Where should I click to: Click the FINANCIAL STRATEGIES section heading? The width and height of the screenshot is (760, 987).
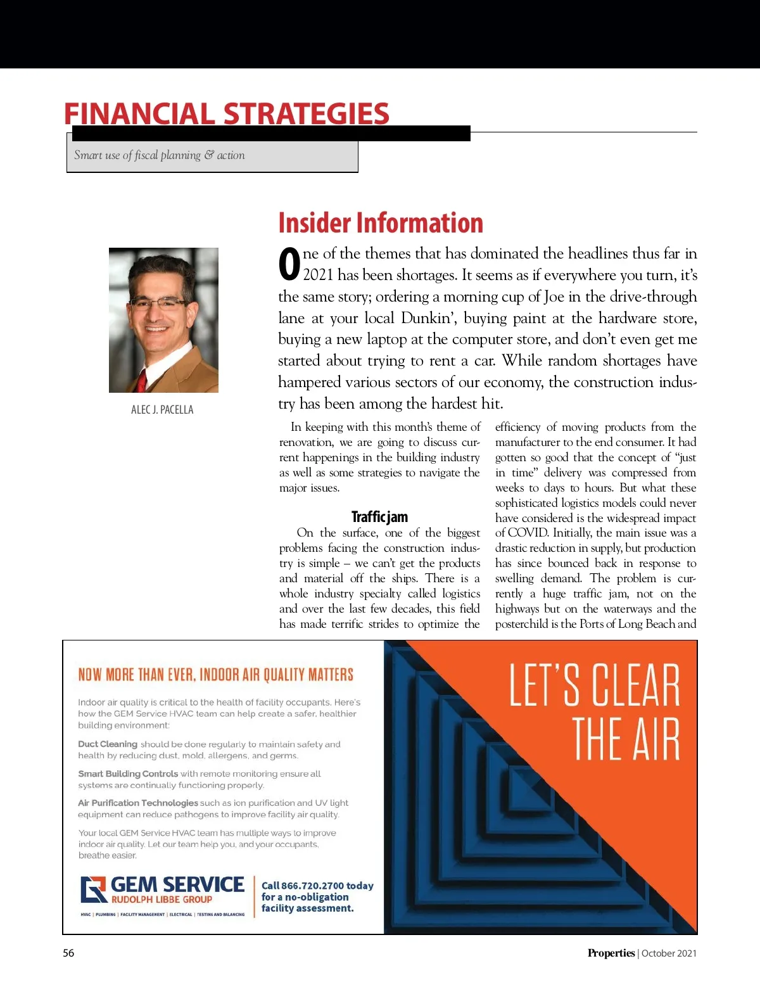tap(226, 114)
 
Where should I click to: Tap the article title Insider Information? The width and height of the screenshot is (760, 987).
tap(381, 223)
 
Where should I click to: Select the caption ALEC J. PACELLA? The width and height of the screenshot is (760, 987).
tap(162, 410)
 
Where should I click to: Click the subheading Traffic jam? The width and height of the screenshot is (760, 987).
tap(379, 517)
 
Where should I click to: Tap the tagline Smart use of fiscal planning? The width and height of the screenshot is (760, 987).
tap(159, 155)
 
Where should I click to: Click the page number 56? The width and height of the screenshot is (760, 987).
tap(68, 953)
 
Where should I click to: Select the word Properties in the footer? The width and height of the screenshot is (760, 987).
tap(611, 953)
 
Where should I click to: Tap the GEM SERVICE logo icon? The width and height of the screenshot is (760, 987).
tap(93, 889)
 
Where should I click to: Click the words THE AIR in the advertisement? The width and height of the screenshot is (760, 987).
tap(626, 739)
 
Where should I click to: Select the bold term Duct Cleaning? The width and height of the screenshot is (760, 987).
tap(108, 744)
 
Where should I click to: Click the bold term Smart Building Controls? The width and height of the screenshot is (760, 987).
tap(128, 774)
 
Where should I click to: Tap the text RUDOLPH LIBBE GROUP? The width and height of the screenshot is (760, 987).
tap(161, 900)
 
